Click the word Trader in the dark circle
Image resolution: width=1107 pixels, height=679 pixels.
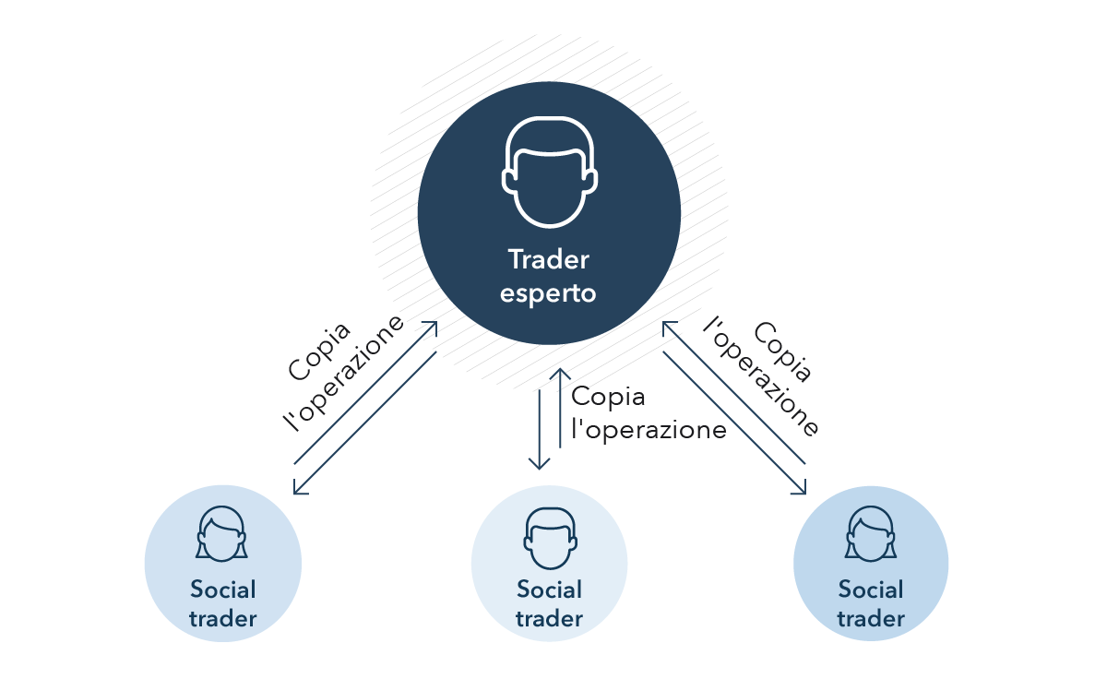click(549, 259)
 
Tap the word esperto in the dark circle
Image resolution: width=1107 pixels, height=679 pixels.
click(548, 293)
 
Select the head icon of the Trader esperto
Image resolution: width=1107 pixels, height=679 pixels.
click(549, 172)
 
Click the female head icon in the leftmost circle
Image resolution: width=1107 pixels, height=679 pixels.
click(222, 534)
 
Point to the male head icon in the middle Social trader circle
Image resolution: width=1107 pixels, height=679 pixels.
click(550, 539)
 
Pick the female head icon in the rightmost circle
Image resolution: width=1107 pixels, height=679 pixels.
click(870, 534)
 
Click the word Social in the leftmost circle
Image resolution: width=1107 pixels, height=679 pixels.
click(223, 590)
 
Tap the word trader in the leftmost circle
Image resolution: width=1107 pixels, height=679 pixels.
click(223, 619)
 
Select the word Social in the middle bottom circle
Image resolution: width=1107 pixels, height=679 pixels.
click(549, 590)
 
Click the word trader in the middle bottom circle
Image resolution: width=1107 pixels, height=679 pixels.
click(549, 619)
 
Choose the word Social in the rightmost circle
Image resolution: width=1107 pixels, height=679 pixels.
click(871, 590)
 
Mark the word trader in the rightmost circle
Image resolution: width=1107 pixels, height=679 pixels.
click(871, 619)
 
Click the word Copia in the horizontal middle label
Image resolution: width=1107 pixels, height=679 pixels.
click(608, 398)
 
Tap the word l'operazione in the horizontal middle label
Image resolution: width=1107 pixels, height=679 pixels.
click(649, 429)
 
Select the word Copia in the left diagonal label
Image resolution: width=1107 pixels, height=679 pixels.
click(319, 351)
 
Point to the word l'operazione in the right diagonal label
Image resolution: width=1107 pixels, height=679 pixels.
click(760, 376)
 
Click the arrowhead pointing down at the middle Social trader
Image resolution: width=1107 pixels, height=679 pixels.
click(539, 463)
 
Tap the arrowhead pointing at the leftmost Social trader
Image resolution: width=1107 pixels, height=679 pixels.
click(299, 488)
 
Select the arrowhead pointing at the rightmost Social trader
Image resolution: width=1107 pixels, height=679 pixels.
click(801, 488)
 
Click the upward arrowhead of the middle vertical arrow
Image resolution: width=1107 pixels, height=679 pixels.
click(560, 374)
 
